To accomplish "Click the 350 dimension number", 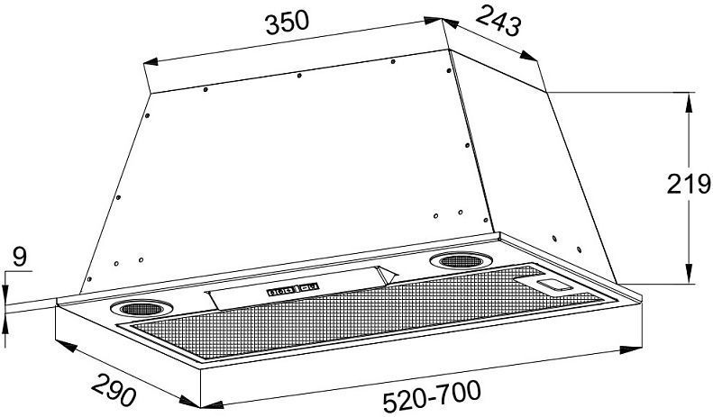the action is (287, 23).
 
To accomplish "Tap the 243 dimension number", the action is (498, 21).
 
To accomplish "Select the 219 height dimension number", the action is (689, 184).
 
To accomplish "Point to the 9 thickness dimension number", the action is (20, 257).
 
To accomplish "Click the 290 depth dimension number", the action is (114, 390).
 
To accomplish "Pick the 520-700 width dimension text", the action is (432, 396).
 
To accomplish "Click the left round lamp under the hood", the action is (142, 308).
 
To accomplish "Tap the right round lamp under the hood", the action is (462, 261).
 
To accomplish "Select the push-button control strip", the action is (293, 290).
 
